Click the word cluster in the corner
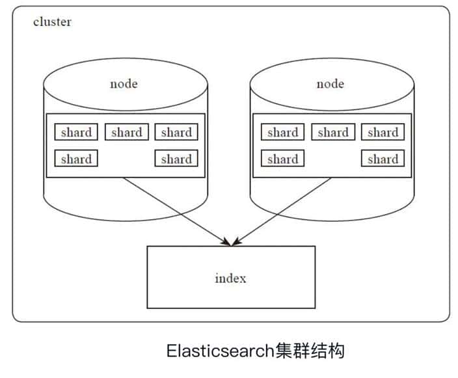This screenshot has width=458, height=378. pyautogui.click(x=52, y=22)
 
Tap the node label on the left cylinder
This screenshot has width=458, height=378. pyautogui.click(x=124, y=84)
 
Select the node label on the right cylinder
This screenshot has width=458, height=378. pyautogui.click(x=330, y=84)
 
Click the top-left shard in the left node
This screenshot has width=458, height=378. pyautogui.click(x=76, y=133)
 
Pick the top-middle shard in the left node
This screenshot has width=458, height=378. pyautogui.click(x=127, y=133)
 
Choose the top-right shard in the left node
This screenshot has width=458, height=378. pyautogui.click(x=176, y=133)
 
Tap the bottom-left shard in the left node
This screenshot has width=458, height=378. pyautogui.click(x=76, y=159)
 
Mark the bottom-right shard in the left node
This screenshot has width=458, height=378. pyautogui.click(x=176, y=159)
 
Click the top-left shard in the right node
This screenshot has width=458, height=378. pyautogui.click(x=283, y=133)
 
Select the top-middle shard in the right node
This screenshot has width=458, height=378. pyautogui.click(x=333, y=133)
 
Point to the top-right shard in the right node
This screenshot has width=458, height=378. pyautogui.click(x=383, y=133)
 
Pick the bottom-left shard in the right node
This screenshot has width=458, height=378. pyautogui.click(x=283, y=159)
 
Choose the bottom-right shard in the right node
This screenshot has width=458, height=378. pyautogui.click(x=383, y=159)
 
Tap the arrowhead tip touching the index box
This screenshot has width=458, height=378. pyautogui.click(x=230, y=245)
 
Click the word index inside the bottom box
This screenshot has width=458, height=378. pyautogui.click(x=231, y=278)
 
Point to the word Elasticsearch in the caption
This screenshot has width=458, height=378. pyautogui.click(x=218, y=352)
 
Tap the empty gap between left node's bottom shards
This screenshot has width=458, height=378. pyautogui.click(x=126, y=159)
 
